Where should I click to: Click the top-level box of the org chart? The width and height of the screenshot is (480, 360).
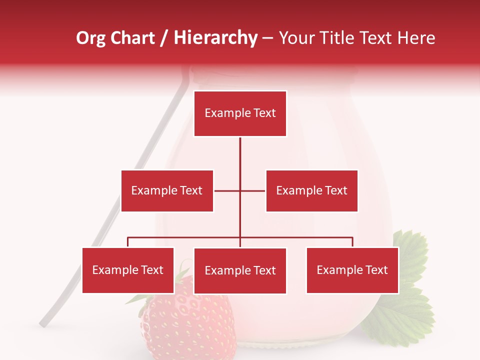click(x=240, y=113)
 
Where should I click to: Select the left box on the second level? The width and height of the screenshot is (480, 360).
click(x=167, y=190)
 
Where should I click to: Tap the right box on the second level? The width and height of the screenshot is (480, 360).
click(x=311, y=190)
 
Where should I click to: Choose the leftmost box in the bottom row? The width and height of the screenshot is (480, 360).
click(x=128, y=270)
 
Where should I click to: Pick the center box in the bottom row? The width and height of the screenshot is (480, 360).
click(x=240, y=270)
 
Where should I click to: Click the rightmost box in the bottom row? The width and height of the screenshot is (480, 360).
click(x=352, y=270)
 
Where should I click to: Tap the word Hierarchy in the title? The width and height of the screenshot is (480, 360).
click(x=215, y=38)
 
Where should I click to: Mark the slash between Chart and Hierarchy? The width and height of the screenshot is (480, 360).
click(x=164, y=38)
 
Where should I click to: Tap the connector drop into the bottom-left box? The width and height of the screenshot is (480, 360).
click(x=128, y=242)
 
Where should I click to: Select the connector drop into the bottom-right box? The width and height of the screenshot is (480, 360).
click(x=352, y=242)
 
